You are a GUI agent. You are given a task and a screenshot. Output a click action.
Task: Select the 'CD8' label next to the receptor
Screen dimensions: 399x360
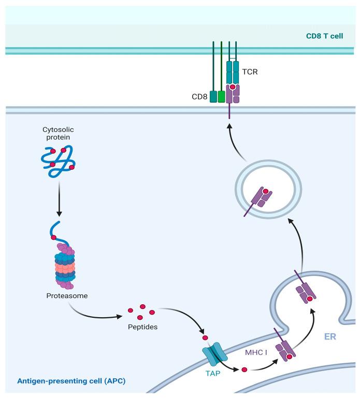pyautogui.click(x=199, y=96)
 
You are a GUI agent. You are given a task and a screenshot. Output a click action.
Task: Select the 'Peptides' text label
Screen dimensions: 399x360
pyautogui.click(x=141, y=328)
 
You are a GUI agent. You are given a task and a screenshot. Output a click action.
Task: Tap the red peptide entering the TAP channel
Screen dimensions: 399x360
pyautogui.click(x=205, y=338)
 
